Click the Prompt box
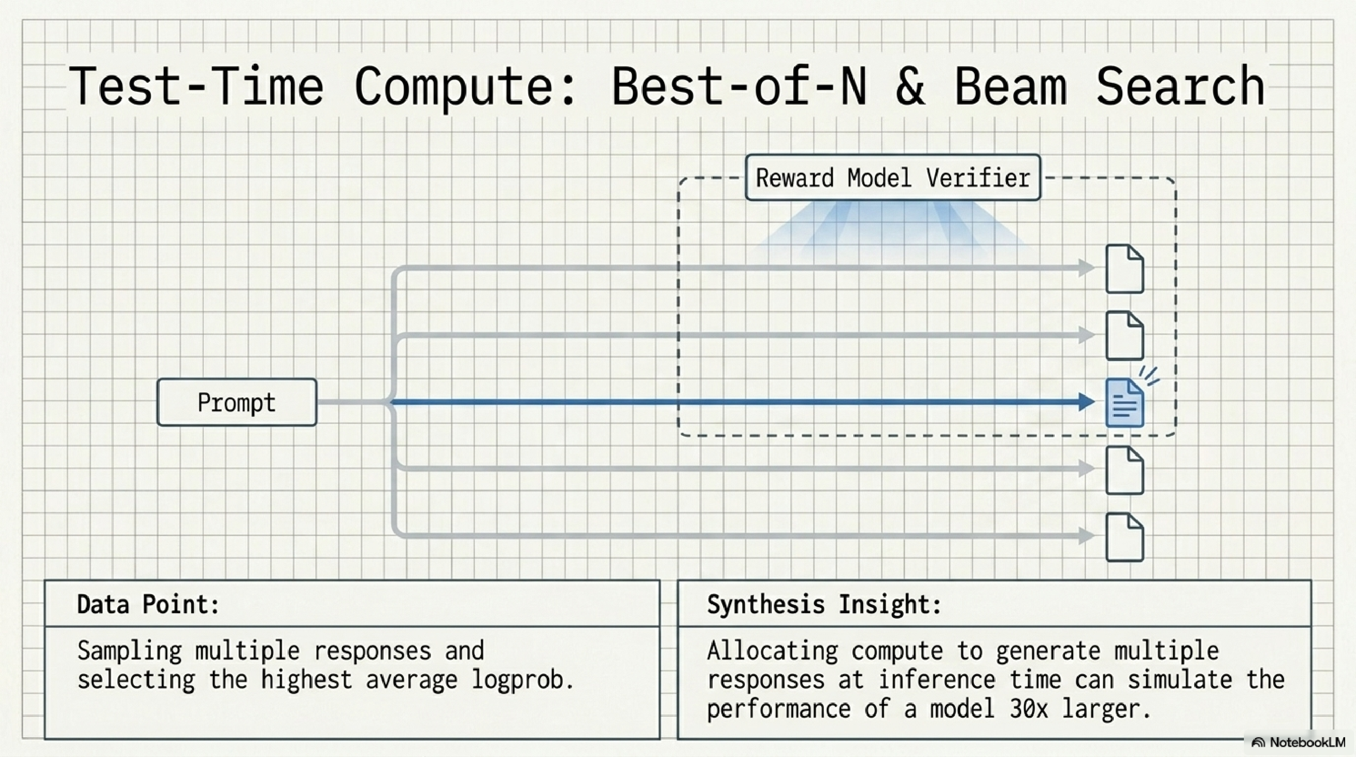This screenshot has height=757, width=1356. pyautogui.click(x=237, y=402)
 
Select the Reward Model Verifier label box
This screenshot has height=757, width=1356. pyautogui.click(x=893, y=177)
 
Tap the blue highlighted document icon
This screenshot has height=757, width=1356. pyautogui.click(x=1124, y=403)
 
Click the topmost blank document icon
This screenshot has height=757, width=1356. pyautogui.click(x=1124, y=269)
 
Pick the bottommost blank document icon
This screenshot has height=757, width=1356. pyautogui.click(x=1124, y=537)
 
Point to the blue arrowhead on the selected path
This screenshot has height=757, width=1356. pyautogui.click(x=1086, y=402)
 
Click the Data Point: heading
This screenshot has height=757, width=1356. pyautogui.click(x=148, y=604)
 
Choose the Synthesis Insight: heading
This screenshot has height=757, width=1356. pyautogui.click(x=824, y=604)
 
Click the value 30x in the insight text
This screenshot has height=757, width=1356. pyautogui.click(x=1029, y=709)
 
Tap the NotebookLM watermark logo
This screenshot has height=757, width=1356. pyautogui.click(x=1258, y=743)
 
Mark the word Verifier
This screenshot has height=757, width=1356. pyautogui.click(x=978, y=178)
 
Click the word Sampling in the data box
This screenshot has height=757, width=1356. pyautogui.click(x=130, y=651)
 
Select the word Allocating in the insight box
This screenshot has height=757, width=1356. pyautogui.click(x=772, y=651)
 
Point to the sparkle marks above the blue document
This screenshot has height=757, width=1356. pyautogui.click(x=1150, y=376)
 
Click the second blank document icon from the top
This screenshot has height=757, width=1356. pyautogui.click(x=1124, y=336)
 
